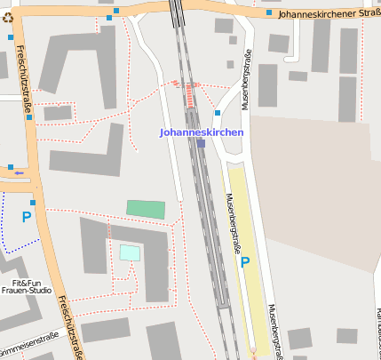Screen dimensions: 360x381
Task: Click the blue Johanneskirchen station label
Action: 201,132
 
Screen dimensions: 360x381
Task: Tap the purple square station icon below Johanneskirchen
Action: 202,143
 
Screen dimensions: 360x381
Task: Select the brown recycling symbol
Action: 8,16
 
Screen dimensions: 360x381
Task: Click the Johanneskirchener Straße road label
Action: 329,14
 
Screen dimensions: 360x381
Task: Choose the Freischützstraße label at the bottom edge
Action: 68,327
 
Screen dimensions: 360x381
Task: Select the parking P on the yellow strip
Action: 245,262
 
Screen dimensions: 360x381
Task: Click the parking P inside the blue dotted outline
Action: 27,216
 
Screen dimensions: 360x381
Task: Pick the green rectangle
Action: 146,209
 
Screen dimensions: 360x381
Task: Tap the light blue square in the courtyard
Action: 130,252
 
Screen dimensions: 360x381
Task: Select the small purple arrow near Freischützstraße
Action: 19,172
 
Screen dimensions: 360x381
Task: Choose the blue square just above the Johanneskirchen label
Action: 217,114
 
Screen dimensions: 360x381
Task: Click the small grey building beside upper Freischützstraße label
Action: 58,113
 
